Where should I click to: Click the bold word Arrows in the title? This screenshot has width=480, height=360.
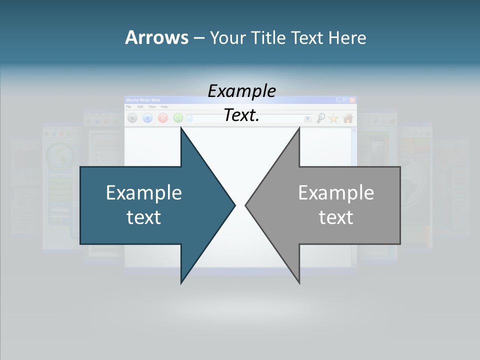(156, 37)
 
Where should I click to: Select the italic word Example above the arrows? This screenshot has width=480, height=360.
(241, 91)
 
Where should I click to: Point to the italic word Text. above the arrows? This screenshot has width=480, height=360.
(241, 115)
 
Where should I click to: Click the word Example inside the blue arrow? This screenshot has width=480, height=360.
(144, 192)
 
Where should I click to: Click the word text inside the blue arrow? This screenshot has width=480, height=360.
(144, 217)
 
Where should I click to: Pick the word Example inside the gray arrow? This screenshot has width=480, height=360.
(336, 192)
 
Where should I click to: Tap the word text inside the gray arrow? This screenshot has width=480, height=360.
(336, 217)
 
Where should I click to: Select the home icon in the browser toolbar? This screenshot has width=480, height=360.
(348, 118)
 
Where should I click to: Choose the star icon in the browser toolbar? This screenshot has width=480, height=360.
(333, 118)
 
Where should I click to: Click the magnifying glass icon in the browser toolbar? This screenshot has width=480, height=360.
(321, 118)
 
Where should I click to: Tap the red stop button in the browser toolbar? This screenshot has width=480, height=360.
(163, 118)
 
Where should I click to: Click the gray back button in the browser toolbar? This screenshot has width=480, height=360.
(132, 118)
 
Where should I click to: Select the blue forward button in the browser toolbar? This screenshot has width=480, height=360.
(147, 118)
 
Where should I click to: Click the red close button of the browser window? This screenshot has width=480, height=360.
(352, 100)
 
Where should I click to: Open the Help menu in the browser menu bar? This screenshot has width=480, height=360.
(164, 107)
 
